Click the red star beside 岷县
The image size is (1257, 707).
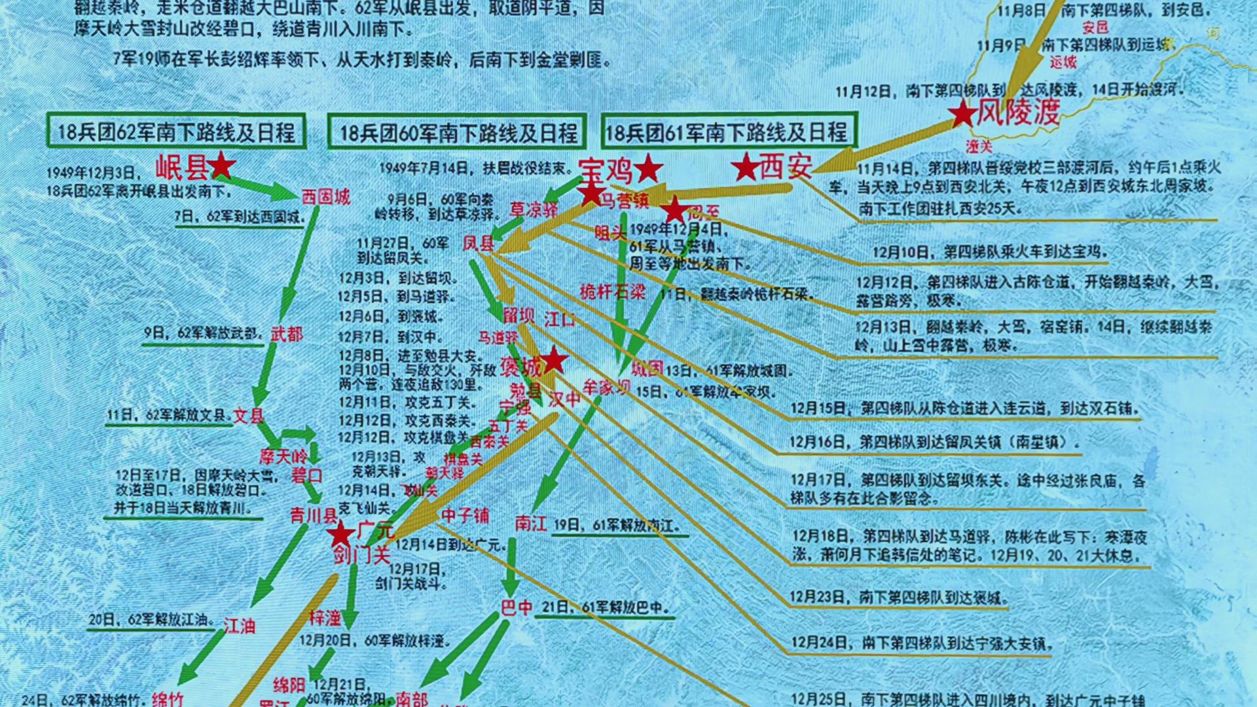click(221, 167)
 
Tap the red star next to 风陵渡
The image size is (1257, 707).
click(963, 115)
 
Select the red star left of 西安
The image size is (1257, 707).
click(745, 168)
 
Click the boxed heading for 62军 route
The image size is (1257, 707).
click(177, 132)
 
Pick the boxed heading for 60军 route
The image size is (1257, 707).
click(458, 133)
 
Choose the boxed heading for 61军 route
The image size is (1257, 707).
click(727, 132)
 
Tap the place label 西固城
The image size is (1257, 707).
click(325, 196)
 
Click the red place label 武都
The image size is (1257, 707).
click(287, 334)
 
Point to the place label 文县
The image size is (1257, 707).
click(249, 416)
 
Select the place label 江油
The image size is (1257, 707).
click(239, 626)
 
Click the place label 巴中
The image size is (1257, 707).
click(517, 608)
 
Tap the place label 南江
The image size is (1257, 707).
click(531, 522)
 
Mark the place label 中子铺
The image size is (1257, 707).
click(465, 515)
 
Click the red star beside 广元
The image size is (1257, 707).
click(340, 534)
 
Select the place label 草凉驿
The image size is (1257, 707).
click(534, 209)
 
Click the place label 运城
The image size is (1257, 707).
click(1063, 63)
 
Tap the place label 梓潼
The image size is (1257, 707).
click(325, 617)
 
